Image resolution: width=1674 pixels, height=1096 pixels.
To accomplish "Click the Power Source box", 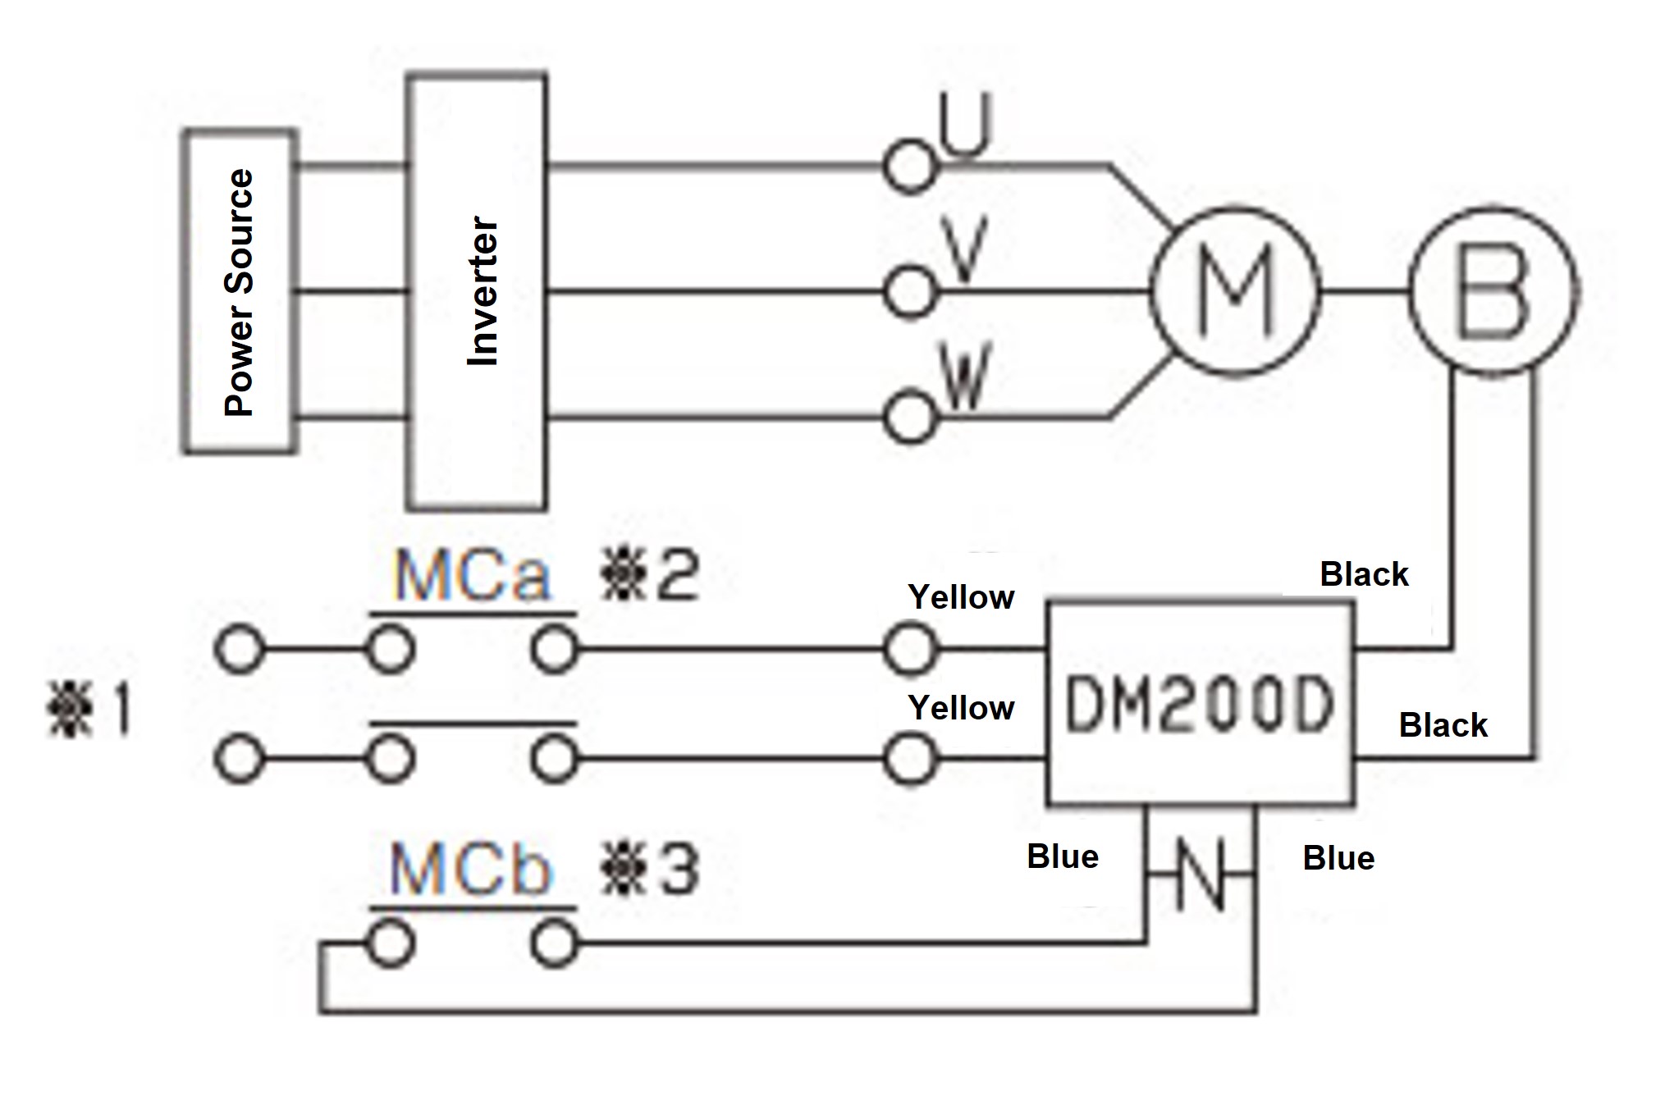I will coord(239,291).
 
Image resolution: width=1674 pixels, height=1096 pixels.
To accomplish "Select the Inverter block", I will coord(478,291).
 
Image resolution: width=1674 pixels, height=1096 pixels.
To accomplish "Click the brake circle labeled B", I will coord(1493,291).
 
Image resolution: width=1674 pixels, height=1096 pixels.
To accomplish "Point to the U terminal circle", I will coord(909,168).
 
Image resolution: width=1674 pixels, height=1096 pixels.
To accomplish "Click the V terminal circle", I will coord(909,291).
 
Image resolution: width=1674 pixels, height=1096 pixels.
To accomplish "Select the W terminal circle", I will coord(909,418).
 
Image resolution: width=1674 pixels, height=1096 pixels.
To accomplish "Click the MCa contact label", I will coord(472,576).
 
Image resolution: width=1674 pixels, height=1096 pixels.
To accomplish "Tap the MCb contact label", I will coord(470,870).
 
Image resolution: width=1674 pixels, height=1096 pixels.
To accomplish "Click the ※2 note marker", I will coord(650,576).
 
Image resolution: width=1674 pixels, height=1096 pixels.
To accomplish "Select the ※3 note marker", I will coord(650,870).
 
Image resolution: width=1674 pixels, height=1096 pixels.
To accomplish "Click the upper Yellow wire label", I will coord(961,597).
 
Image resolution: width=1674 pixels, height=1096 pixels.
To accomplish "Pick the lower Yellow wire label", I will coord(961,707).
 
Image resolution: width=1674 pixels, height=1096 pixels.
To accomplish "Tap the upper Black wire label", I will coord(1364,574).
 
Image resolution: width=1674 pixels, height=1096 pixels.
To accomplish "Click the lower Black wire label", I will coord(1443,725).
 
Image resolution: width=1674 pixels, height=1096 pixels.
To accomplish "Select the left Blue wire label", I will coord(1063,856).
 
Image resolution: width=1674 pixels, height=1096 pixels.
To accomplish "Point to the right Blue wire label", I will coord(1338,858).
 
